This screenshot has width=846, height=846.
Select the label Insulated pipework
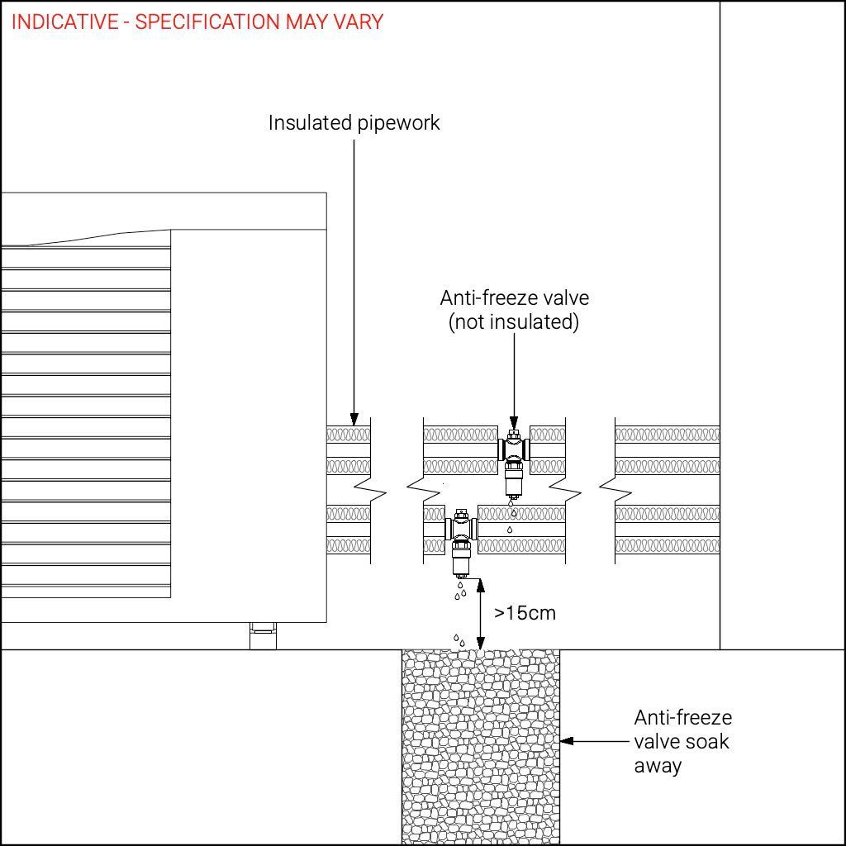[354, 123]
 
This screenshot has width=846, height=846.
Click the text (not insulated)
[514, 322]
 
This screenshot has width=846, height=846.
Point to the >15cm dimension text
[525, 613]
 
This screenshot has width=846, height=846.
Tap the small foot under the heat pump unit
[263, 636]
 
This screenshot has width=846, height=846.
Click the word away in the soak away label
[658, 765]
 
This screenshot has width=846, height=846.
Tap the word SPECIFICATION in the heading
[207, 21]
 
